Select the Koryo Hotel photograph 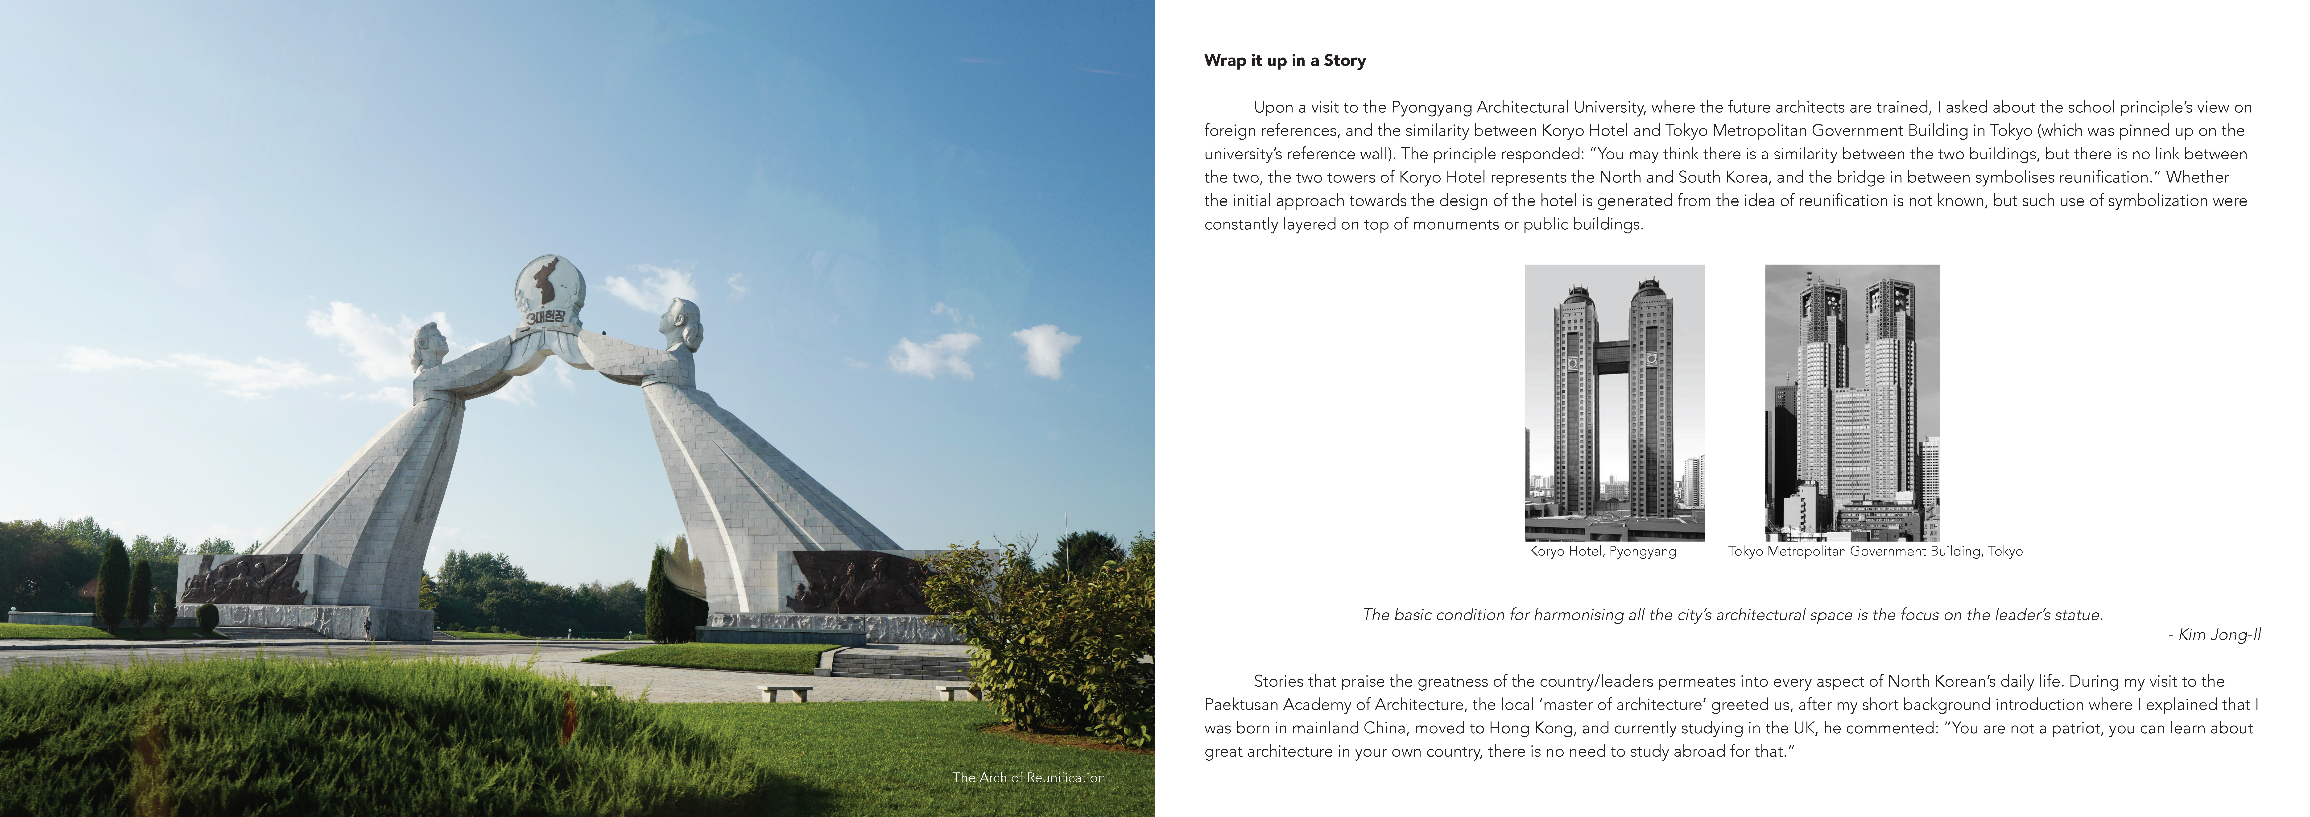click(x=1614, y=403)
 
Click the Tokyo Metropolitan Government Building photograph click(x=1852, y=403)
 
